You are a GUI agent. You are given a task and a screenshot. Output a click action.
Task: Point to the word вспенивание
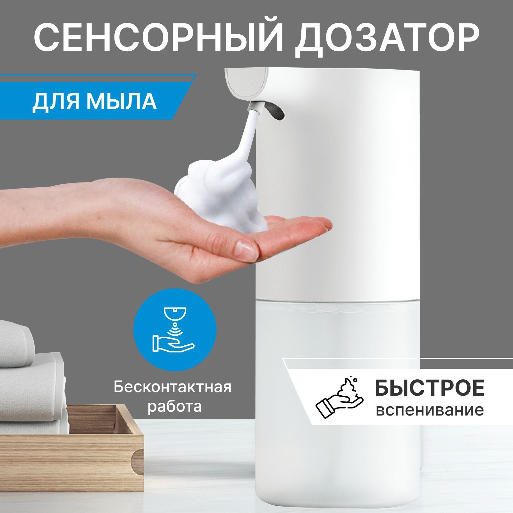click(430, 410)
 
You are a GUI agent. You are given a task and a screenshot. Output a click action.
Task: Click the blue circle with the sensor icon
click(175, 330)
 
